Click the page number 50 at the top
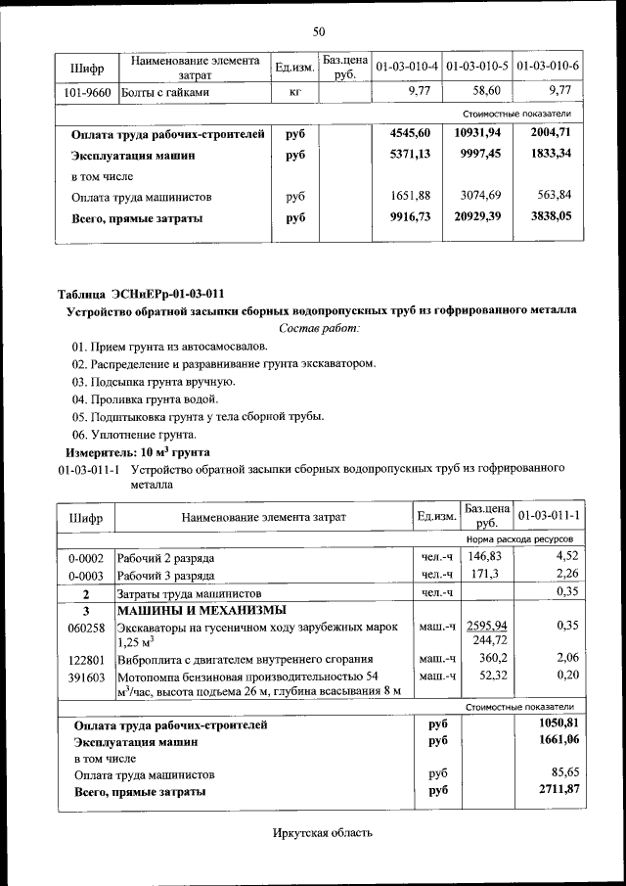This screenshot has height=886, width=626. point(318,32)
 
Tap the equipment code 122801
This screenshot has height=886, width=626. point(86,659)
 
